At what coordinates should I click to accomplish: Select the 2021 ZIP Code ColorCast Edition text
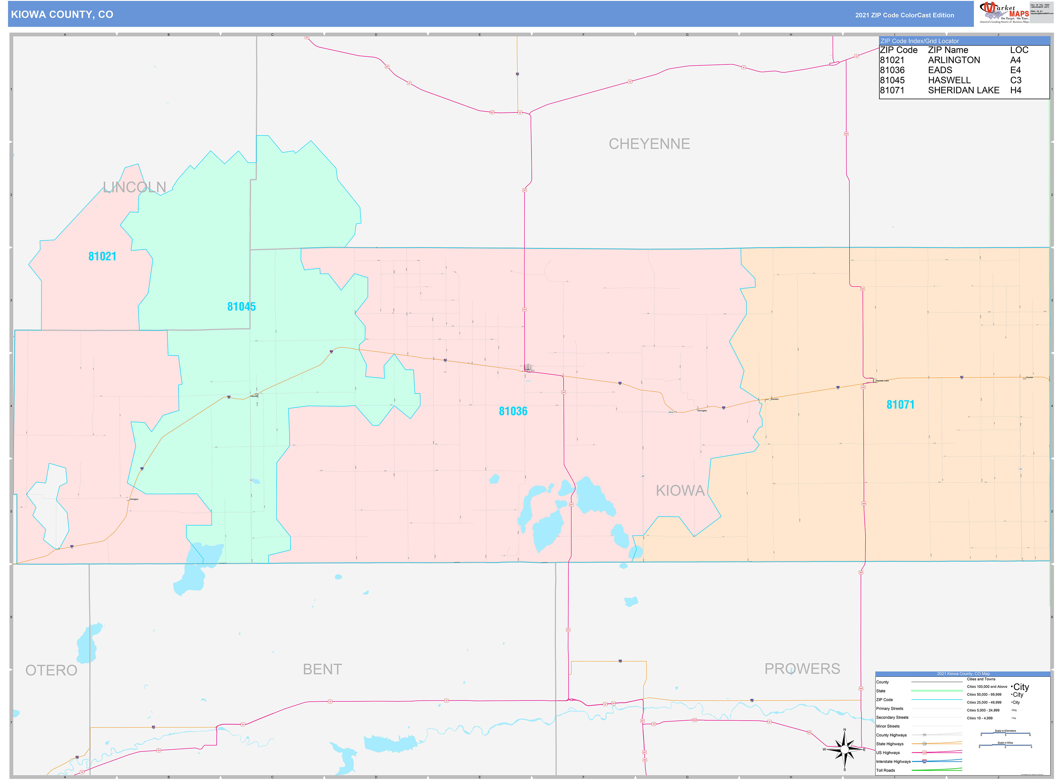coord(904,15)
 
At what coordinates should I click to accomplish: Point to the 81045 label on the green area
coord(241,307)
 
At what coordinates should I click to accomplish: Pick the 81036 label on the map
coord(513,411)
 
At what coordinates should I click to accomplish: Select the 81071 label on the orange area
coord(900,405)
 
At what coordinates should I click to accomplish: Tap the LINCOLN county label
coord(135,187)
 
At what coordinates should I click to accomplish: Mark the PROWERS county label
coord(802,669)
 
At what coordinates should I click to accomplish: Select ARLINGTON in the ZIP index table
coord(954,60)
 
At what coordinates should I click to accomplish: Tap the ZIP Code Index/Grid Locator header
coord(919,41)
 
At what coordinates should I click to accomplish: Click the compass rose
coord(844,749)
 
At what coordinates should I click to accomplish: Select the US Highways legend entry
coord(888,753)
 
